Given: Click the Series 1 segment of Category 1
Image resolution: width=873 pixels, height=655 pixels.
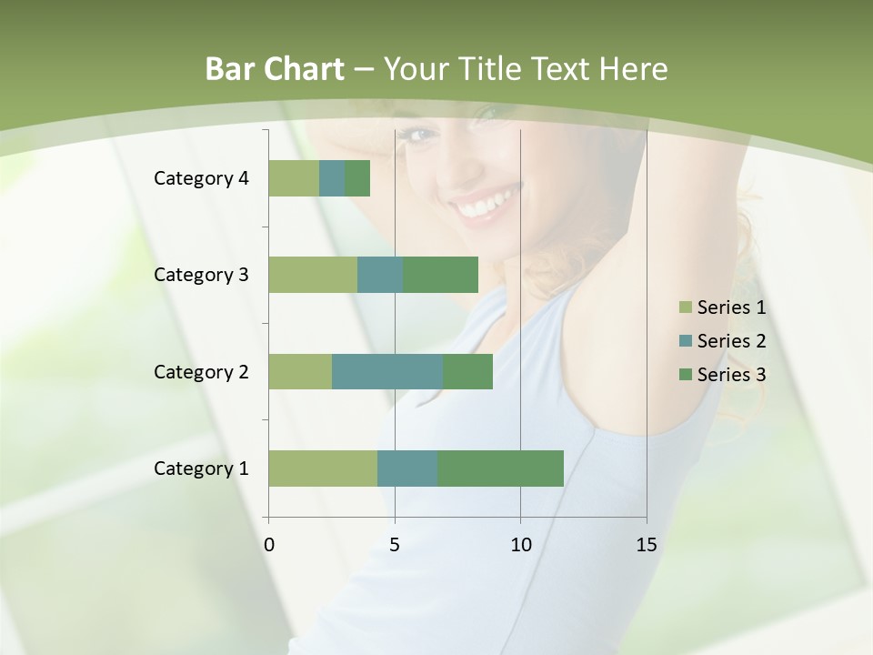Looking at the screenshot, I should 323,469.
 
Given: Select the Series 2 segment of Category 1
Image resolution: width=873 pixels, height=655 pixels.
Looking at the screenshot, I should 407,469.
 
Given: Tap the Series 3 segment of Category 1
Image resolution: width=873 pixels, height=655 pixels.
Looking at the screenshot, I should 500,469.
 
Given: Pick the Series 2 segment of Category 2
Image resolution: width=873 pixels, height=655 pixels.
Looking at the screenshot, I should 387,371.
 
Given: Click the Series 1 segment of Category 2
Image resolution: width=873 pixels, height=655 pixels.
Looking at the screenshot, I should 300,371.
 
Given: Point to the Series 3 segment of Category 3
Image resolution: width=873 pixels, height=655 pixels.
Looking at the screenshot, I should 440,275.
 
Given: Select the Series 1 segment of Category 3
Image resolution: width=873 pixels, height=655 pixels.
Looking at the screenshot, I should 313,275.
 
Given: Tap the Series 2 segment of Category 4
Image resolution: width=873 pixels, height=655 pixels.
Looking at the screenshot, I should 332,178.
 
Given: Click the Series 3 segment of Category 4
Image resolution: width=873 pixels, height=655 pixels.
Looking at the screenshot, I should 357,178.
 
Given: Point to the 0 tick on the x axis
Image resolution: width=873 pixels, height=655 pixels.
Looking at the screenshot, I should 269,545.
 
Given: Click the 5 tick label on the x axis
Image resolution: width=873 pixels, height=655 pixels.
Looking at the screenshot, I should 395,545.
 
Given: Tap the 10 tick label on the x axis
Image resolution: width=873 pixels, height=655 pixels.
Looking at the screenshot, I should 520,545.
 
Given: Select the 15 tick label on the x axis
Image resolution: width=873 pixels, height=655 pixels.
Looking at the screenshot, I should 647,545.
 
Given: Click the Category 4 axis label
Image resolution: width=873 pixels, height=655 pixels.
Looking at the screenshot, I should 201,178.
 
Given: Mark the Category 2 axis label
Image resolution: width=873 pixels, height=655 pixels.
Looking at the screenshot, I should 201,371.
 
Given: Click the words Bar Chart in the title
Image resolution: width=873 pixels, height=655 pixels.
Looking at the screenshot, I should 275,69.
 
